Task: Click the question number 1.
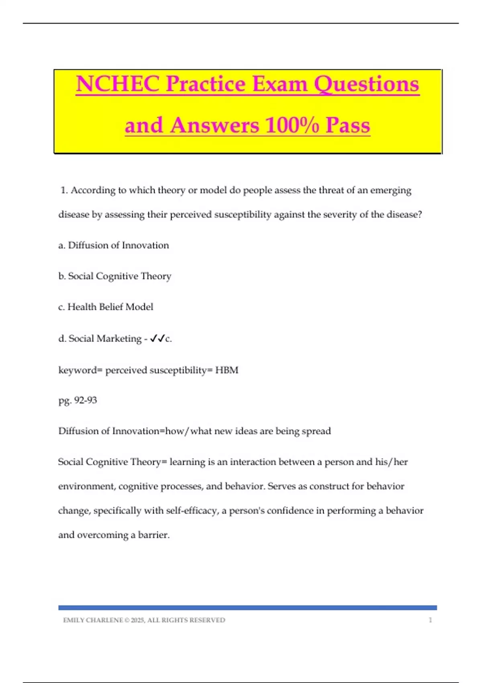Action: point(63,190)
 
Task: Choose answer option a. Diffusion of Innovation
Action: point(114,245)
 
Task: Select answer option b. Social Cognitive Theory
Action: point(115,276)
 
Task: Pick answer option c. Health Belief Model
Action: point(106,307)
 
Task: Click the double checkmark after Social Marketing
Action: point(157,339)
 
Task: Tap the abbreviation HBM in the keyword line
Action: point(227,370)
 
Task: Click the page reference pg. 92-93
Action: point(78,400)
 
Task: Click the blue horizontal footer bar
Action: point(247,608)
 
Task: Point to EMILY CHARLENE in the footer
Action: point(93,620)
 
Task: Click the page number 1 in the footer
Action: point(430,620)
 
